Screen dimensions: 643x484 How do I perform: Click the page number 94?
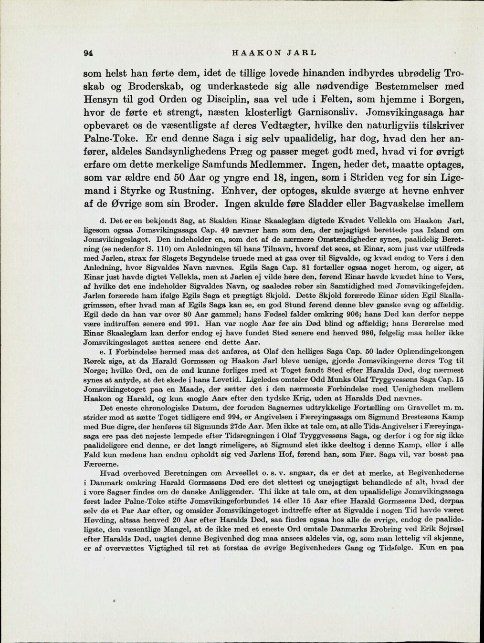coord(87,53)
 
